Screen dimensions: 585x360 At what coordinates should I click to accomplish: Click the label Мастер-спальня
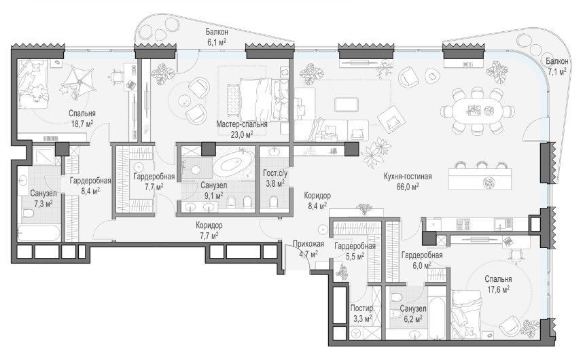click(x=242, y=124)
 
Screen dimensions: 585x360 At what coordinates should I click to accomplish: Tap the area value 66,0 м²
click(x=408, y=186)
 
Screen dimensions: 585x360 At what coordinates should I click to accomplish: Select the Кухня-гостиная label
click(x=408, y=177)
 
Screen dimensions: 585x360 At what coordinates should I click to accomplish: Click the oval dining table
click(x=478, y=111)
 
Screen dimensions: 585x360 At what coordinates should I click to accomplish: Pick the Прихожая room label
click(x=308, y=244)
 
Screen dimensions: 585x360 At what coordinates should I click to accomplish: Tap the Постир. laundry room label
click(x=362, y=309)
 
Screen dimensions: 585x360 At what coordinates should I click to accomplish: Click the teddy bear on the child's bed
click(x=37, y=93)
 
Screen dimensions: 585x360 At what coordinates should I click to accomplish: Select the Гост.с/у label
click(x=275, y=173)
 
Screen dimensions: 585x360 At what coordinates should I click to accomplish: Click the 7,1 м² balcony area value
click(x=556, y=71)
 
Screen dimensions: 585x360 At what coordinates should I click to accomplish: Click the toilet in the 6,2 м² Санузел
click(x=395, y=298)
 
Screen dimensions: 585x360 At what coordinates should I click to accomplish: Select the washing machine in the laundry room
click(x=357, y=332)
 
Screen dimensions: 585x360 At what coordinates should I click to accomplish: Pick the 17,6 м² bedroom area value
click(x=499, y=289)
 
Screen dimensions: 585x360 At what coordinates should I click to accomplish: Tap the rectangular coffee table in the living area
click(x=347, y=104)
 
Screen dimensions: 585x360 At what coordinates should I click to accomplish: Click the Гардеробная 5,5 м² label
click(x=355, y=251)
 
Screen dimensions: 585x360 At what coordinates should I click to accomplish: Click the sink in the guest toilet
click(x=275, y=152)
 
